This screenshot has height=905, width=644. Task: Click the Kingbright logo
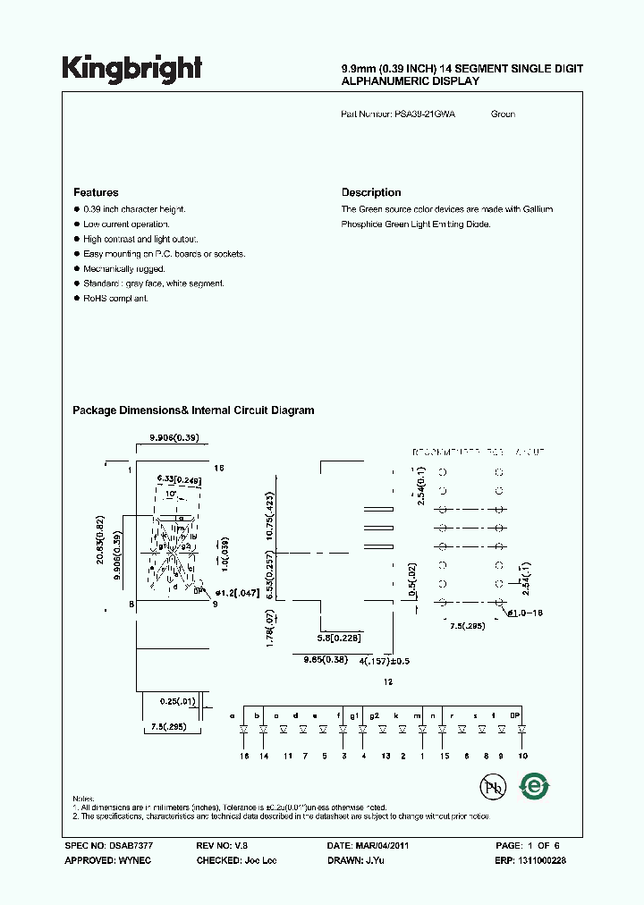click(x=132, y=68)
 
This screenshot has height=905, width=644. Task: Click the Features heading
click(x=96, y=192)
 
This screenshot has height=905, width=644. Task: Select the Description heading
click(x=371, y=192)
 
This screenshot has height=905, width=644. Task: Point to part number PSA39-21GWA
click(x=424, y=114)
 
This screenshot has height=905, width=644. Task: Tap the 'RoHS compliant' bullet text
click(x=115, y=298)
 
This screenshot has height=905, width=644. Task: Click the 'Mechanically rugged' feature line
click(x=124, y=268)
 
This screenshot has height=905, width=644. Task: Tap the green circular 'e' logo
click(x=536, y=787)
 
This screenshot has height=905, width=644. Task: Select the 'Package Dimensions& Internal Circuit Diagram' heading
click(x=193, y=410)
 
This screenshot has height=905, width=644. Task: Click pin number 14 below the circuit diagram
click(x=264, y=756)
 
